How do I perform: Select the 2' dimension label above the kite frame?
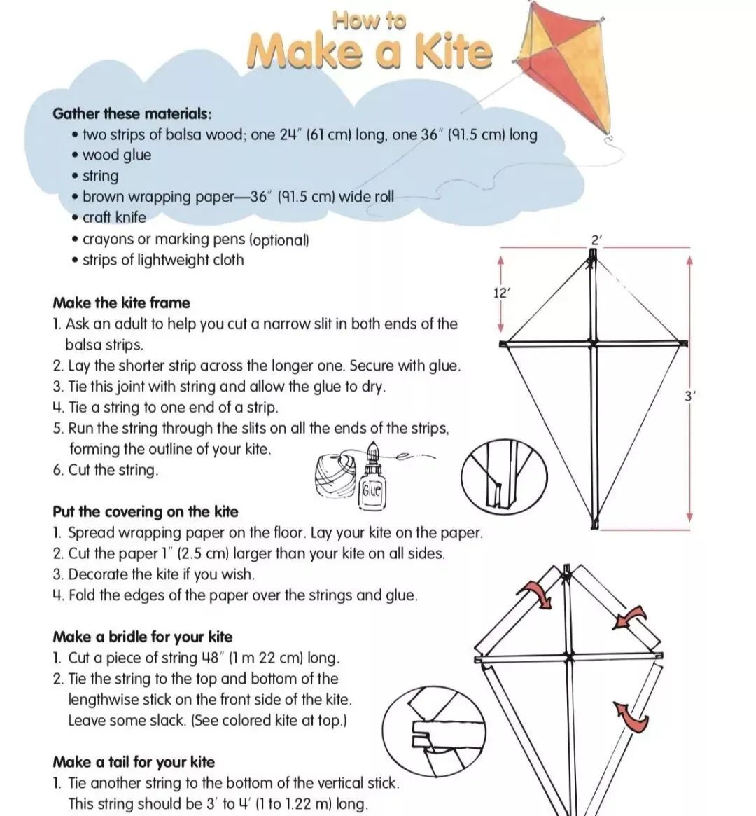pyautogui.click(x=596, y=240)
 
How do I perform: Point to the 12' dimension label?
pyautogui.click(x=501, y=293)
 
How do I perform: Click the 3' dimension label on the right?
pyautogui.click(x=690, y=396)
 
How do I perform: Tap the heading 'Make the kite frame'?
pyautogui.click(x=121, y=303)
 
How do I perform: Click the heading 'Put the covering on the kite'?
pyautogui.click(x=145, y=511)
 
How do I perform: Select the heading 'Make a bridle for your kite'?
pyautogui.click(x=142, y=637)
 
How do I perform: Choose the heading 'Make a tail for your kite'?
pyautogui.click(x=134, y=762)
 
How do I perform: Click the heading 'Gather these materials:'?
pyautogui.click(x=132, y=113)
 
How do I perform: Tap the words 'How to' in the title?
pyautogui.click(x=370, y=20)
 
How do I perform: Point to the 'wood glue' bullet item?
pyautogui.click(x=116, y=155)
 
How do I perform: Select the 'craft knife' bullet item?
pyautogui.click(x=114, y=217)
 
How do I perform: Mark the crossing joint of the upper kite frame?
pyautogui.click(x=593, y=344)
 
